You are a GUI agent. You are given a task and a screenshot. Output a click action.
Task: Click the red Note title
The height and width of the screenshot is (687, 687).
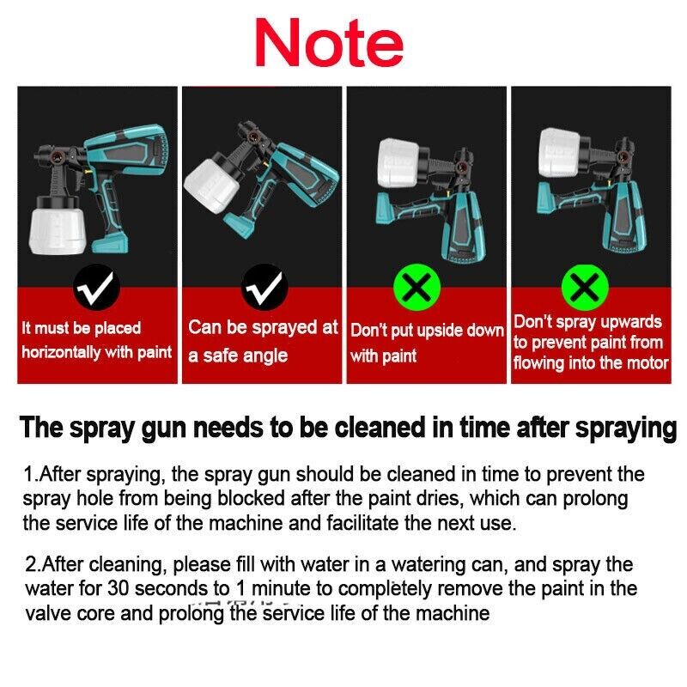tap(329, 42)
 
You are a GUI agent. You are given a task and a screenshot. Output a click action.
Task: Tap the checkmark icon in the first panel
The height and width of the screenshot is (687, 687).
tap(96, 288)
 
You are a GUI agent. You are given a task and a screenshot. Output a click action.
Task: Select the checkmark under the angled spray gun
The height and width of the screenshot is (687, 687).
tap(264, 288)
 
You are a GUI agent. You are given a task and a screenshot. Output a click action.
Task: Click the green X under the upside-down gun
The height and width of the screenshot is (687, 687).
tap(416, 287)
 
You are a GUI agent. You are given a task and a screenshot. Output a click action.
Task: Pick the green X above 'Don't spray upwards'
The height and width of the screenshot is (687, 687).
tap(585, 287)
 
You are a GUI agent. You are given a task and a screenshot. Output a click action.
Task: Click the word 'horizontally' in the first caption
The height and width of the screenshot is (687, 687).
tap(61, 352)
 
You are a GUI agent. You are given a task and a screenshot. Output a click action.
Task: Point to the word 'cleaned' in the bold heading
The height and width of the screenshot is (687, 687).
tap(380, 427)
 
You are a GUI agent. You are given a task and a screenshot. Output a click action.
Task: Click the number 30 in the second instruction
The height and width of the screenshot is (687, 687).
tap(119, 588)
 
